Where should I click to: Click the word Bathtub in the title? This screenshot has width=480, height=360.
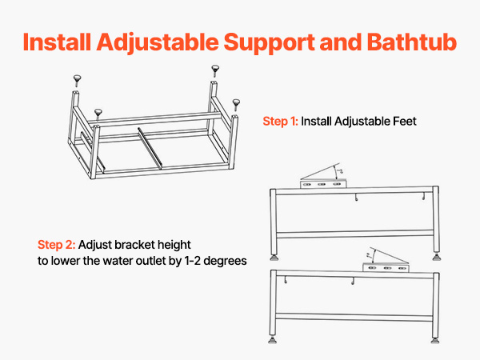[412, 42]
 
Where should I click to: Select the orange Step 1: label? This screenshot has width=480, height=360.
[280, 122]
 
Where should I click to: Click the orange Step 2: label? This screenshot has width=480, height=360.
[56, 245]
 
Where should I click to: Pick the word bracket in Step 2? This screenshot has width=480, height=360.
[134, 245]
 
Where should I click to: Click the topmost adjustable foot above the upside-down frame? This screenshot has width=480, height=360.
[215, 70]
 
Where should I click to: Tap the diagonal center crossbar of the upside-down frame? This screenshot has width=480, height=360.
[150, 148]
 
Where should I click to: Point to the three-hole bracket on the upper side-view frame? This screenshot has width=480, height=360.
[323, 184]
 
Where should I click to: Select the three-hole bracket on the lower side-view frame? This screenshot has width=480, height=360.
[386, 268]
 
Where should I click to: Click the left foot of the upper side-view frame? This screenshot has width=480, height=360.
[274, 258]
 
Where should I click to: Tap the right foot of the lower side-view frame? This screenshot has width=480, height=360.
[435, 341]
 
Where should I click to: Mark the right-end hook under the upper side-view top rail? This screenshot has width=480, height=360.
[424, 197]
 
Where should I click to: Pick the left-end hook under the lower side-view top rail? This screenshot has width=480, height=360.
[286, 280]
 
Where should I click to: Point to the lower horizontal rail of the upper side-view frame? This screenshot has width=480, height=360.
[355, 234]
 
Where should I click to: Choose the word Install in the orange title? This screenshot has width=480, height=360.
[57, 42]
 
